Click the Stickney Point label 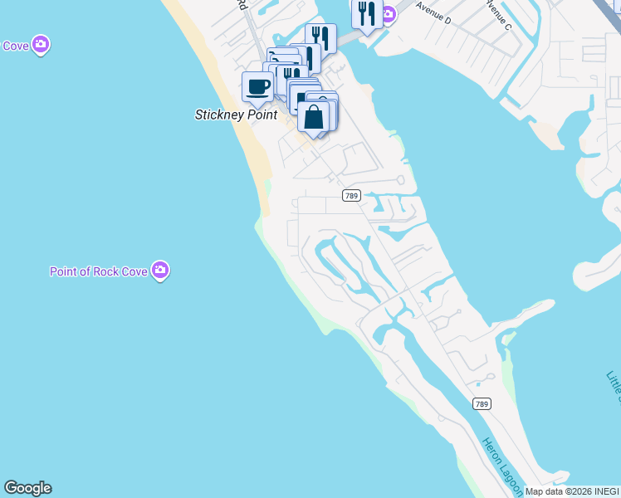[236, 115]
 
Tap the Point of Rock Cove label [99, 271]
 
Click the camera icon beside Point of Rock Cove [160, 270]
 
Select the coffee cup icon [258, 87]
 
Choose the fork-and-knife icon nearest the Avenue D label [364, 14]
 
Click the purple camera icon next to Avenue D [388, 13]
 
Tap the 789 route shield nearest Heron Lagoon [482, 403]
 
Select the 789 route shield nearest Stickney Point [351, 195]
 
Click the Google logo [27, 488]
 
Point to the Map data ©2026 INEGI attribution [572, 491]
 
